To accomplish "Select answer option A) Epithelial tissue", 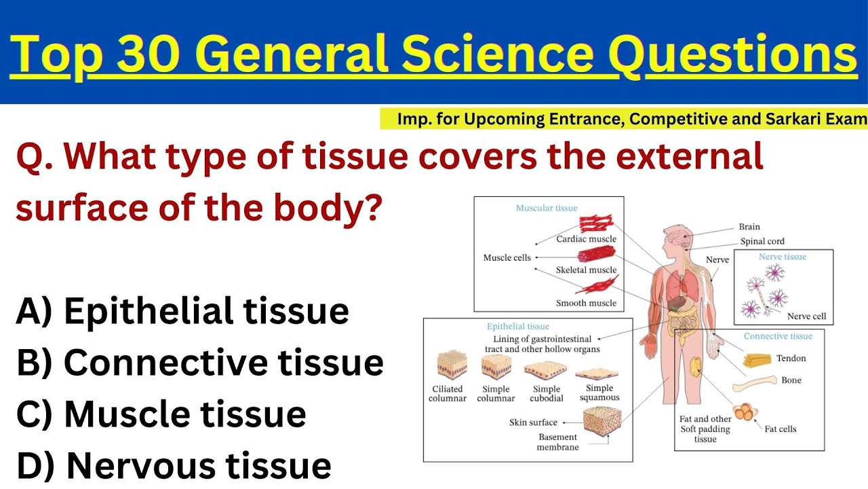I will pos(182,312).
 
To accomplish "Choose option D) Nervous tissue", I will pos(174,466).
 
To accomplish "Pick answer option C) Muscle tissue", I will pos(161,414).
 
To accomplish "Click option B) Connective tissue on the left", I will pos(199,363).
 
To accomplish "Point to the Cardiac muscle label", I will pos(586,239).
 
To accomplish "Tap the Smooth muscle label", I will pos(586,303).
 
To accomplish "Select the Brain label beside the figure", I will pos(749,227).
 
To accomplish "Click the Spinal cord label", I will pos(762,241).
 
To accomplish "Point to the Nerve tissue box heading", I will pos(782,257).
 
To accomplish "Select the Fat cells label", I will pos(780,429).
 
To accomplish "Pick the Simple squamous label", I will pos(599,393).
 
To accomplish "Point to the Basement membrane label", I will pos(557,442).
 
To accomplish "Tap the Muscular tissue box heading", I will pos(547,208).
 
